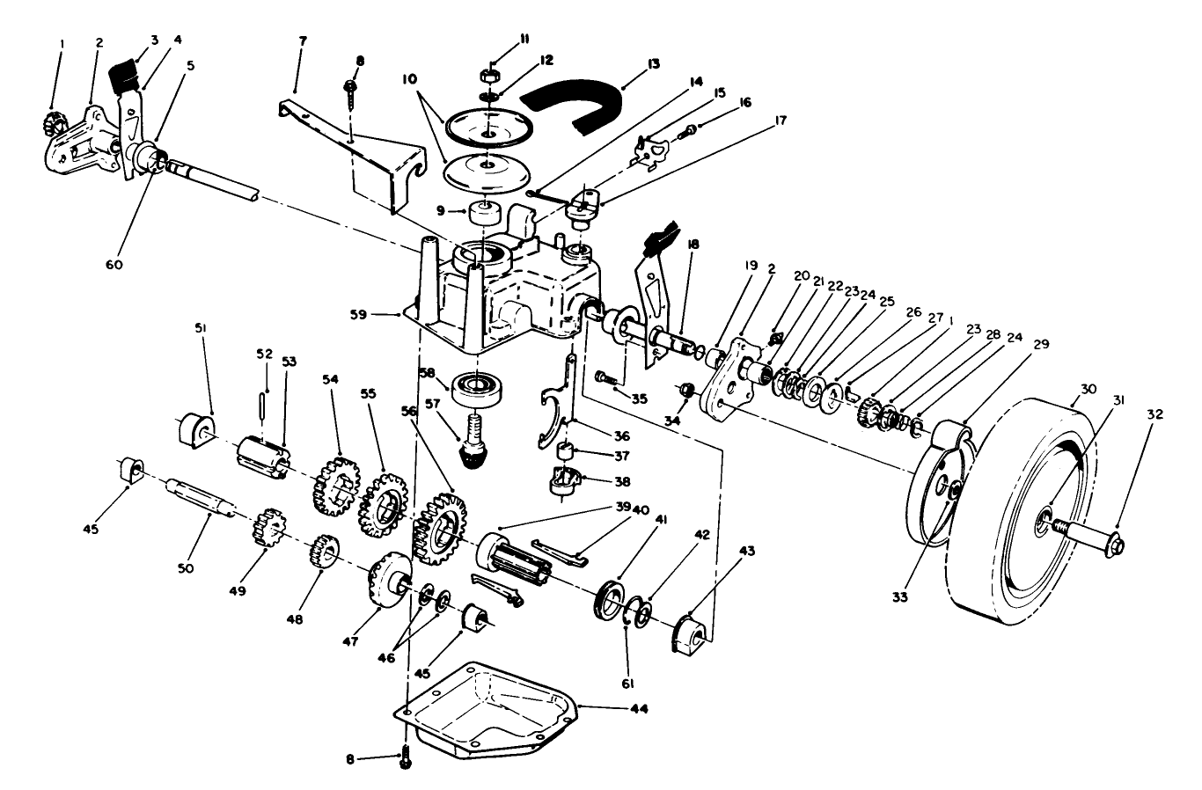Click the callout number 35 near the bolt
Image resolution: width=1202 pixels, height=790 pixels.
point(639,398)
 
